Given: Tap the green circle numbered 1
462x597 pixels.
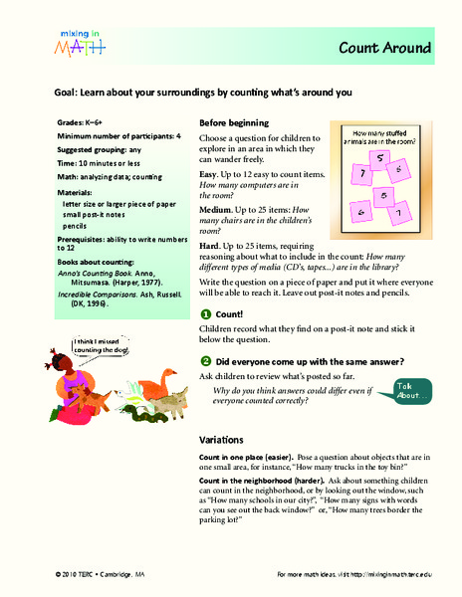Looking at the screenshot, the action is tap(205, 312).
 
